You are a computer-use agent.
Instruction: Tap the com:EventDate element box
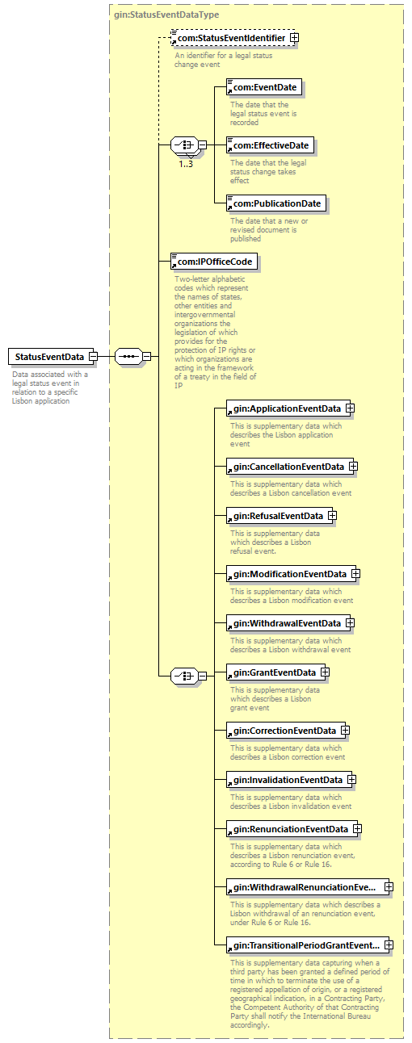(264, 87)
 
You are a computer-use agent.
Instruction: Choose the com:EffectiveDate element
(271, 145)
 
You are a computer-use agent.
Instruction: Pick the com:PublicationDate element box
(276, 203)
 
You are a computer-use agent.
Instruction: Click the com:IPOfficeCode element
(214, 262)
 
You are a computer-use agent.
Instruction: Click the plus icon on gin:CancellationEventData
(353, 466)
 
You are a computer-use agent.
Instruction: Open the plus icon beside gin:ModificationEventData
(355, 574)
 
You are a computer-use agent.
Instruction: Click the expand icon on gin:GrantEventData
(325, 672)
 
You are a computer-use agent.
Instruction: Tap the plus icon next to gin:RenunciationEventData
(357, 828)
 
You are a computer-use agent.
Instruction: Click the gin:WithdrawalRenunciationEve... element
(310, 887)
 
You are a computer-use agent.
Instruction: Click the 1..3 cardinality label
(186, 164)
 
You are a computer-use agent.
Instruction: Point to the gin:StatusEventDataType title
(166, 15)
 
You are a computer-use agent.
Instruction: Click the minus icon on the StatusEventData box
(93, 357)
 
